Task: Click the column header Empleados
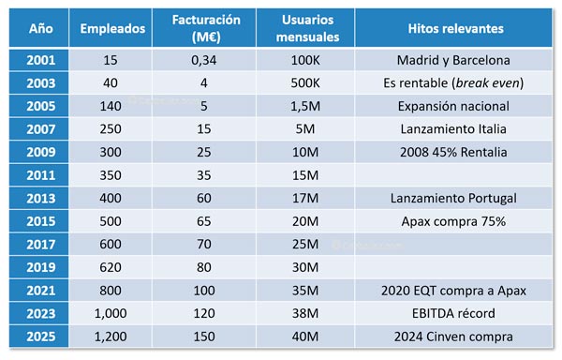[112, 29]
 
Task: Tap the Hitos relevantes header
[456, 29]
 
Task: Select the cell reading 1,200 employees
[112, 337]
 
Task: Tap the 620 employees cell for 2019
[112, 267]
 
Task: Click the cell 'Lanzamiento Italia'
[456, 129]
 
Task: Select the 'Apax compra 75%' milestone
[456, 221]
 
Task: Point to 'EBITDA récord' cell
[456, 313]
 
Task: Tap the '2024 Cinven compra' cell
[456, 337]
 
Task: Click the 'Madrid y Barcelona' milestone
[456, 60]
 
